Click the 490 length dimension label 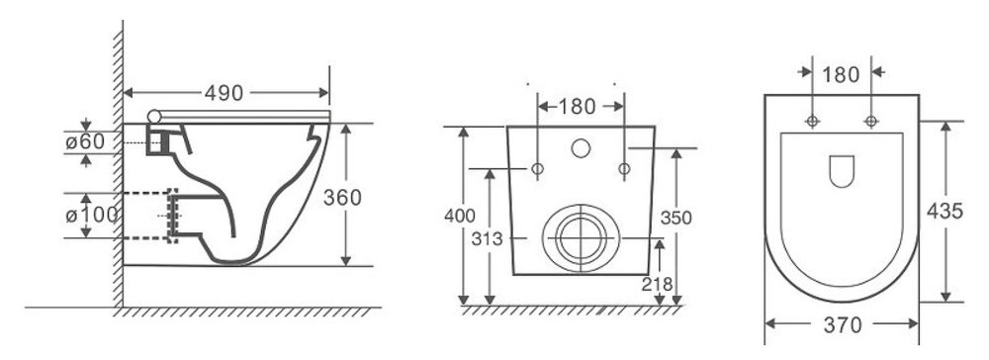(x=224, y=93)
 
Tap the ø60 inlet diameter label (x=85, y=141)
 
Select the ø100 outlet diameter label (x=92, y=215)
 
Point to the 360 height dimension (x=342, y=198)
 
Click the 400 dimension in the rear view (x=460, y=217)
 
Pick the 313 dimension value (x=488, y=239)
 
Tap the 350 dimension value (x=676, y=218)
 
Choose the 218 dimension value (x=658, y=285)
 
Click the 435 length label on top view (x=944, y=211)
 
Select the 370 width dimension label (x=843, y=325)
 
